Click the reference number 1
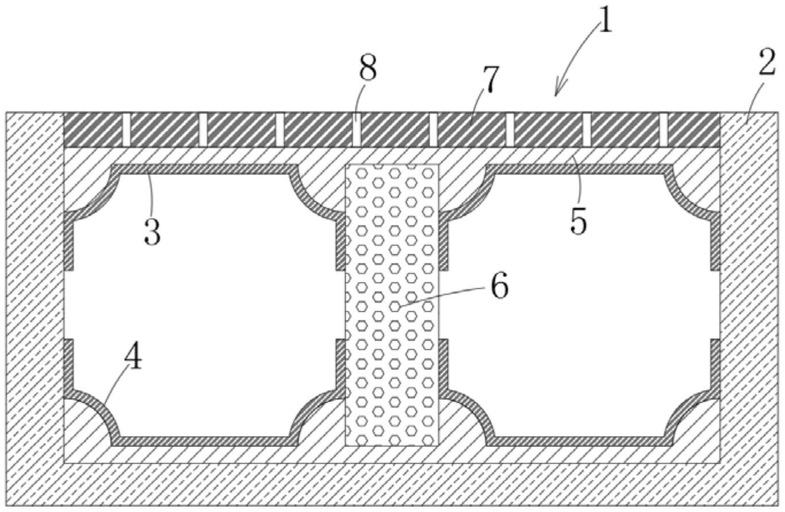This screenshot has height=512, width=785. pyautogui.click(x=604, y=21)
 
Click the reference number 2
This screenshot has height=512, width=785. pyautogui.click(x=767, y=64)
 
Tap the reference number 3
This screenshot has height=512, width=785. pyautogui.click(x=152, y=231)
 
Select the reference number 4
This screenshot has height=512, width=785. pyautogui.click(x=133, y=358)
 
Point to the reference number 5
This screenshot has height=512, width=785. pyautogui.click(x=579, y=220)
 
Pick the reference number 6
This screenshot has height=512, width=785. pyautogui.click(x=499, y=286)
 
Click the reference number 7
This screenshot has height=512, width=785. pyautogui.click(x=491, y=79)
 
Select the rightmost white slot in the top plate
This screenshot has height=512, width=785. pyautogui.click(x=664, y=129)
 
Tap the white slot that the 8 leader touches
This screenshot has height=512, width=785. pyautogui.click(x=357, y=129)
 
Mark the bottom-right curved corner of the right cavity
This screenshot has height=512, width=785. pyautogui.click(x=690, y=417)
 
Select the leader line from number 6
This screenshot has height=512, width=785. pyautogui.click(x=443, y=296)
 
